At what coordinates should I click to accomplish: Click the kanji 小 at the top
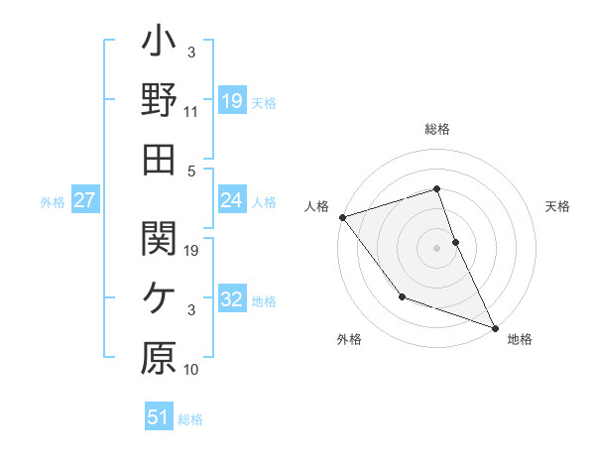[x=159, y=46]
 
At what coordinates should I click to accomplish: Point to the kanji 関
[x=159, y=238]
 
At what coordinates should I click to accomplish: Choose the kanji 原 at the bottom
[x=159, y=359]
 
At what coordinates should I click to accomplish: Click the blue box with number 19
[x=231, y=100]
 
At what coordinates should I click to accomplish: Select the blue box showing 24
[x=231, y=200]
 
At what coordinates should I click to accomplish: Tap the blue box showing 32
[x=231, y=299]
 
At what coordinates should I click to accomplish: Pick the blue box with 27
[x=84, y=200]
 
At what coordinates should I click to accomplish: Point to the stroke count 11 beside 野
[x=191, y=111]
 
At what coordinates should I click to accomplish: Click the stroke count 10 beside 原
[x=191, y=370]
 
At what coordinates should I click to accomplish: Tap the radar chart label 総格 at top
[x=437, y=129]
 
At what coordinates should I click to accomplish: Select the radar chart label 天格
[x=558, y=206]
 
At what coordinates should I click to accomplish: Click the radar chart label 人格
[x=316, y=206]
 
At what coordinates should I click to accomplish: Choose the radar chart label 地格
[x=520, y=339]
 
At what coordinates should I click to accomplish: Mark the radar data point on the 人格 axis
[x=342, y=217]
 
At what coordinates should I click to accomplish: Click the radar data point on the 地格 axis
[x=494, y=326]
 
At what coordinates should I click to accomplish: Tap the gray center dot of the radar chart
[x=437, y=248]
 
